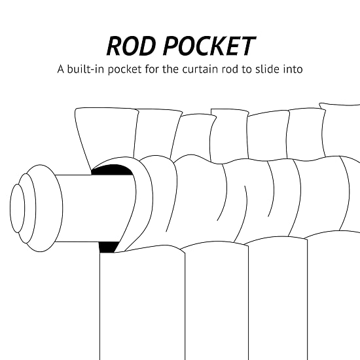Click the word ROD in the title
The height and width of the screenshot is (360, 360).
coord(130,46)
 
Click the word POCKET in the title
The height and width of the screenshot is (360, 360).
coord(209,46)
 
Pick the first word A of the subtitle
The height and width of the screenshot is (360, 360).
coord(61,69)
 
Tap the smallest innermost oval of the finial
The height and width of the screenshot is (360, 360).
coord(17,208)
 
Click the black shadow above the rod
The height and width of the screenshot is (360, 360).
coord(113,170)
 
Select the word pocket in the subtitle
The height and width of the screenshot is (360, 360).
coord(124,69)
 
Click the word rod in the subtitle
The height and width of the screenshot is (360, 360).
coord(230,69)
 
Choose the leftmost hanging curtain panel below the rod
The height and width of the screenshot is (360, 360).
coord(142,303)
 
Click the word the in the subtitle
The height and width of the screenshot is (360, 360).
coord(171,69)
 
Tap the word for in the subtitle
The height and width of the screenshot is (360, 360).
coord(152,69)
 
